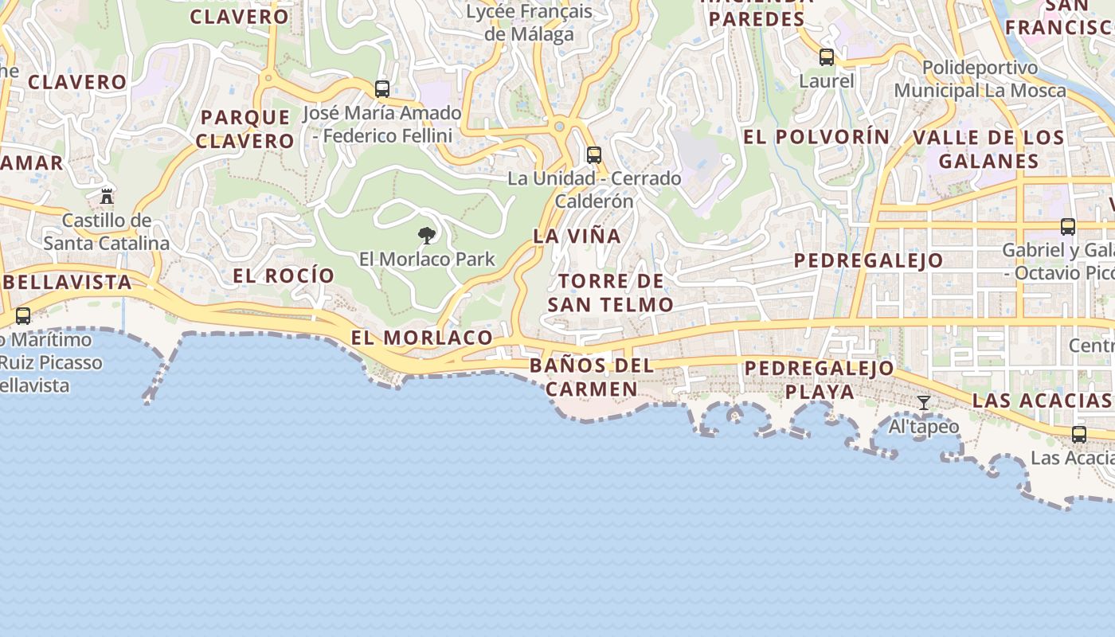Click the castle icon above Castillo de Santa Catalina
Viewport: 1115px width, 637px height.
coord(106,196)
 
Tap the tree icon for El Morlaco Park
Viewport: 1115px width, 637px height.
coord(427,235)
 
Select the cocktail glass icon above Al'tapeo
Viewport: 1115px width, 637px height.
coord(924,403)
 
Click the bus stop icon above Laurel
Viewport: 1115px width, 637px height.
coord(827,57)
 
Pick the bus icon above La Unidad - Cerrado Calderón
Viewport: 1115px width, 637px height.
coord(593,154)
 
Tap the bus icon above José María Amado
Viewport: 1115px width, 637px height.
coord(382,89)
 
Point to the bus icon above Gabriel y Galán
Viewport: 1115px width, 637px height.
coord(1068,227)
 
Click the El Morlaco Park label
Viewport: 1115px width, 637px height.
coord(427,259)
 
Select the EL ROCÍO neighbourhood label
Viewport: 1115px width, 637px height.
coord(284,276)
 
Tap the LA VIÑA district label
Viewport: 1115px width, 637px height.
coord(577,236)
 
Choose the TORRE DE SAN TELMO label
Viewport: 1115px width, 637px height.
coord(611,292)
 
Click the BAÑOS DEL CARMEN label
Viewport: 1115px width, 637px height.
coord(592,377)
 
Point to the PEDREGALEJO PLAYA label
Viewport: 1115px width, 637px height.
coord(820,380)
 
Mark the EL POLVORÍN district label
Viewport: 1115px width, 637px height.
coord(816,136)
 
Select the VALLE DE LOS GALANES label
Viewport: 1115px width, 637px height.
coord(988,149)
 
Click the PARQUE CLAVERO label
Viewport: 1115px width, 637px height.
coord(245,129)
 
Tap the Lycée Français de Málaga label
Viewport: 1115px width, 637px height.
coord(529,22)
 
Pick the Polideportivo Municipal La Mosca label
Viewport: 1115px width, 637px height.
coord(980,79)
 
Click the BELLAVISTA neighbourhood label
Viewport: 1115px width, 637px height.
coord(72,282)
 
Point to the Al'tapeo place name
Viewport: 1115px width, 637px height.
coord(924,427)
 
